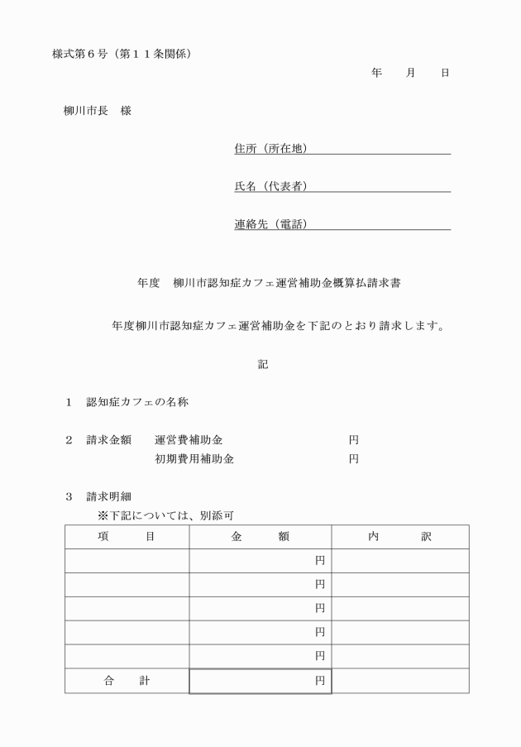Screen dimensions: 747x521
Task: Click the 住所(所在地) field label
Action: point(270,149)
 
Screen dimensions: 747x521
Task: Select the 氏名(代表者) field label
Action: point(270,186)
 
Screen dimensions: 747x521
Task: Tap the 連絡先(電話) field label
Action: point(270,224)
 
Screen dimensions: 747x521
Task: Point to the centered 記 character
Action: point(263,364)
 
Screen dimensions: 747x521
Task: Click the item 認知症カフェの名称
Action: point(138,403)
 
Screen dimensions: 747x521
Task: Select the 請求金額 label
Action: point(108,440)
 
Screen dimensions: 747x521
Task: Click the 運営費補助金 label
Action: point(189,440)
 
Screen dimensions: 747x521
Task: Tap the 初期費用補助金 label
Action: point(194,459)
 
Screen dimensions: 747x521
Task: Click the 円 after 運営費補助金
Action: point(353,440)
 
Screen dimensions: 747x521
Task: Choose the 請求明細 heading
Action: point(108,497)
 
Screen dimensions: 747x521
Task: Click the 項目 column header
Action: point(127,537)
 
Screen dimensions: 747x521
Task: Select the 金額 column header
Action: point(260,537)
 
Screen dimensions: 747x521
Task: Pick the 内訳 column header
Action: point(400,537)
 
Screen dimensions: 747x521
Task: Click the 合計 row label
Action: point(127,681)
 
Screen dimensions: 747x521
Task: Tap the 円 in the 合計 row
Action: point(319,681)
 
